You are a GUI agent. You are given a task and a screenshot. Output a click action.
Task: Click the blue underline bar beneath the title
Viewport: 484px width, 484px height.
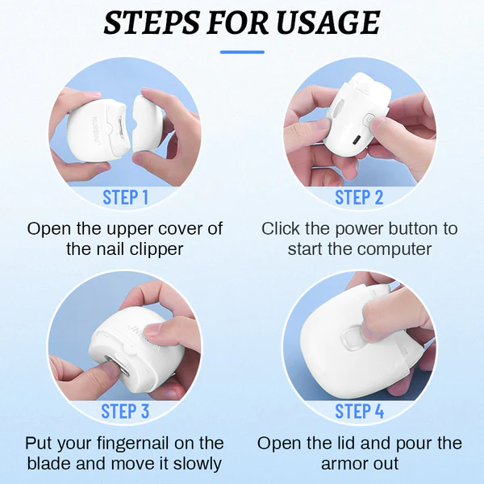pyautogui.click(x=242, y=52)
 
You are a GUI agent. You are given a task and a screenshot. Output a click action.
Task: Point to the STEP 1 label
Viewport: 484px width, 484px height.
pyautogui.click(x=125, y=197)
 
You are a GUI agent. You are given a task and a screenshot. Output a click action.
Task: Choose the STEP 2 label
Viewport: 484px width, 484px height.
pyautogui.click(x=359, y=197)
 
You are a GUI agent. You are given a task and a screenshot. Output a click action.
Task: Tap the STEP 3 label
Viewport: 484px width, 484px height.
pyautogui.click(x=125, y=411)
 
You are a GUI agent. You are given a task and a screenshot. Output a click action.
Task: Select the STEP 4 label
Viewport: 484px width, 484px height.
pyautogui.click(x=359, y=411)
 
